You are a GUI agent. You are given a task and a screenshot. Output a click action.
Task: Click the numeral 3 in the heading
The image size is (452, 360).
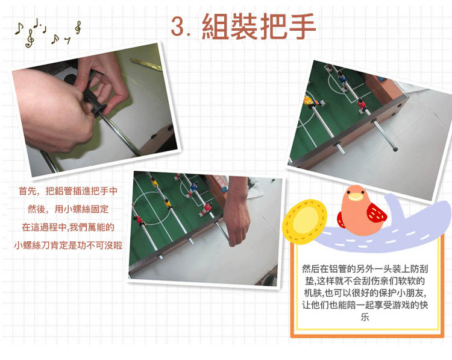(x=178, y=27)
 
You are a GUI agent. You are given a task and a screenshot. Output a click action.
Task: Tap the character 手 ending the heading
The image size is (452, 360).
(x=303, y=27)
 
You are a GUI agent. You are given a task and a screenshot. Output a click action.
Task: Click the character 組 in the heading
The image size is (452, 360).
(x=215, y=27)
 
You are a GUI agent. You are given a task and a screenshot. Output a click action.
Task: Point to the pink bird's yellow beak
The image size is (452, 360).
(x=356, y=197)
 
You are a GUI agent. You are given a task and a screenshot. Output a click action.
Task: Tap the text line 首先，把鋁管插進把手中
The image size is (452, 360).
(x=68, y=191)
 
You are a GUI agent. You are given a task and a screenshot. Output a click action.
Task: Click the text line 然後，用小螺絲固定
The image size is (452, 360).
(x=68, y=209)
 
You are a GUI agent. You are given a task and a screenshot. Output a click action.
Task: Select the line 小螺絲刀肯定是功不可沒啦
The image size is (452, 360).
(x=68, y=245)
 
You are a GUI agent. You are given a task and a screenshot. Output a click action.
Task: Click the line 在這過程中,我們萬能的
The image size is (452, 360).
(x=68, y=227)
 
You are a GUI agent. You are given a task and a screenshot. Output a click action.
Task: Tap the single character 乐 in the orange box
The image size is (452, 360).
(x=365, y=317)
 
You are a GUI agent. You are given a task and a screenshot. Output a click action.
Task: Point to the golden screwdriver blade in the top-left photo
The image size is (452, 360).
(x=146, y=64)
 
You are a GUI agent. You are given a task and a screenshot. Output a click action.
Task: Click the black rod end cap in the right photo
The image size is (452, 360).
(x=395, y=149)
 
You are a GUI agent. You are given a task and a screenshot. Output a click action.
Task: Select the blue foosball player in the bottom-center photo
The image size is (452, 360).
(x=193, y=188)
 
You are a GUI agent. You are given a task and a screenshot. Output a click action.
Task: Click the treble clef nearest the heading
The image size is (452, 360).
(x=78, y=28)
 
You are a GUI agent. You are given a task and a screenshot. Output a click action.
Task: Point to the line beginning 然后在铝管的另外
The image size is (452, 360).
(x=365, y=269)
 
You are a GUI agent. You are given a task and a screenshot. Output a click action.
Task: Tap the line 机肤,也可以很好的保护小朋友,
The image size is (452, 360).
(x=365, y=293)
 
